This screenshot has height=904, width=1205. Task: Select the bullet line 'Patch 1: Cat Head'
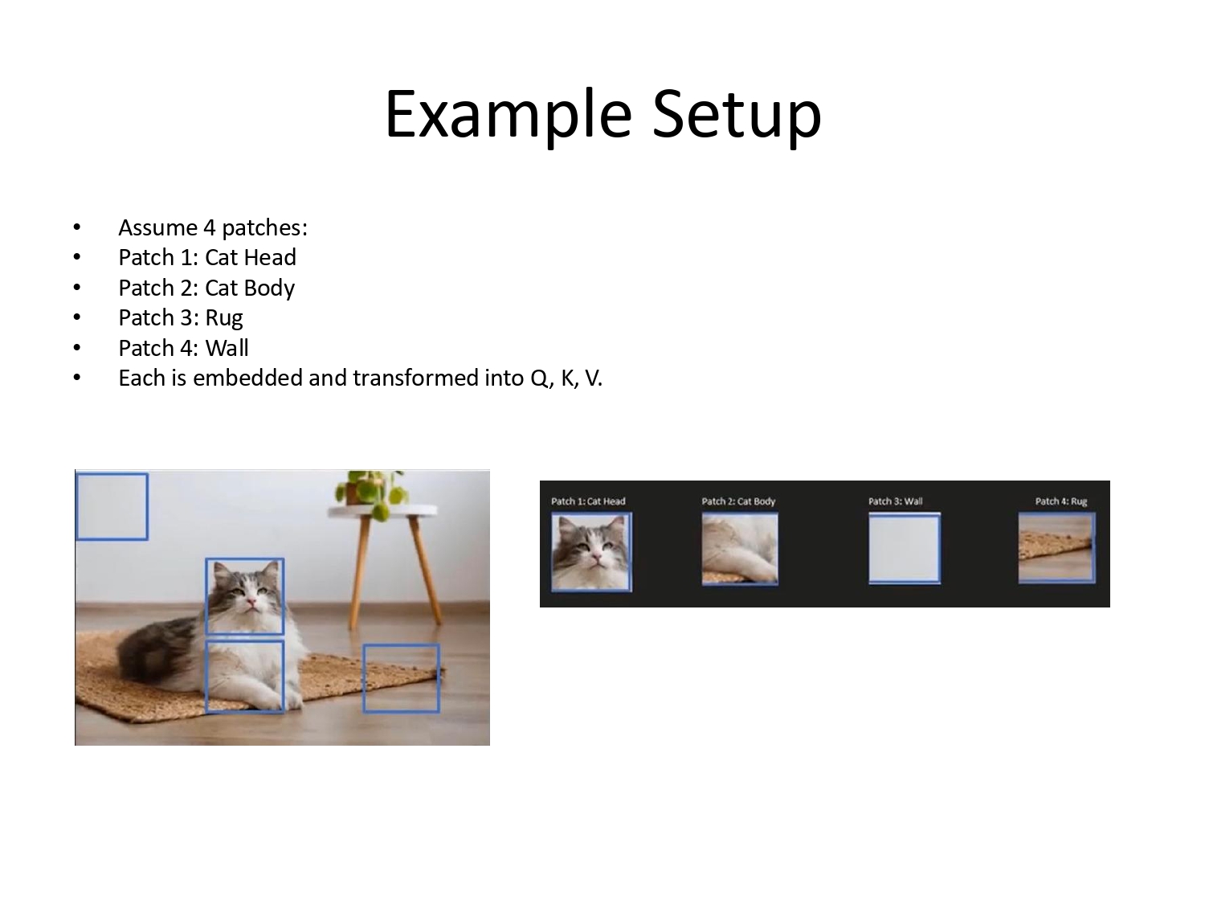(x=207, y=257)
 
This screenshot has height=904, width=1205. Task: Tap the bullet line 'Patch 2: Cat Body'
(x=206, y=288)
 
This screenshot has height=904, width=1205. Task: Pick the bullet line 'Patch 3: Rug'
(x=181, y=317)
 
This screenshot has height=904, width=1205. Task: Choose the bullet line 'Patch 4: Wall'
(x=183, y=348)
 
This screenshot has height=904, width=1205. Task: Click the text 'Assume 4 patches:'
(x=213, y=227)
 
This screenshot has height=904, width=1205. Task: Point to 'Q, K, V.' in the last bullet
(x=566, y=378)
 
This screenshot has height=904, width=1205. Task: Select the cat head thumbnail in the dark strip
(x=591, y=551)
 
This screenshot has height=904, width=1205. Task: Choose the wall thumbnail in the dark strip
(x=904, y=549)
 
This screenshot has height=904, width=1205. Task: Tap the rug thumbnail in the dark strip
(x=1056, y=548)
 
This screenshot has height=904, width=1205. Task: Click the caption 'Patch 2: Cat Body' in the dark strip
(x=738, y=501)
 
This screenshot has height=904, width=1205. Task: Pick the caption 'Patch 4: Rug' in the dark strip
(x=1060, y=501)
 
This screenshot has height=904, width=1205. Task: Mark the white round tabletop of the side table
(x=384, y=510)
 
